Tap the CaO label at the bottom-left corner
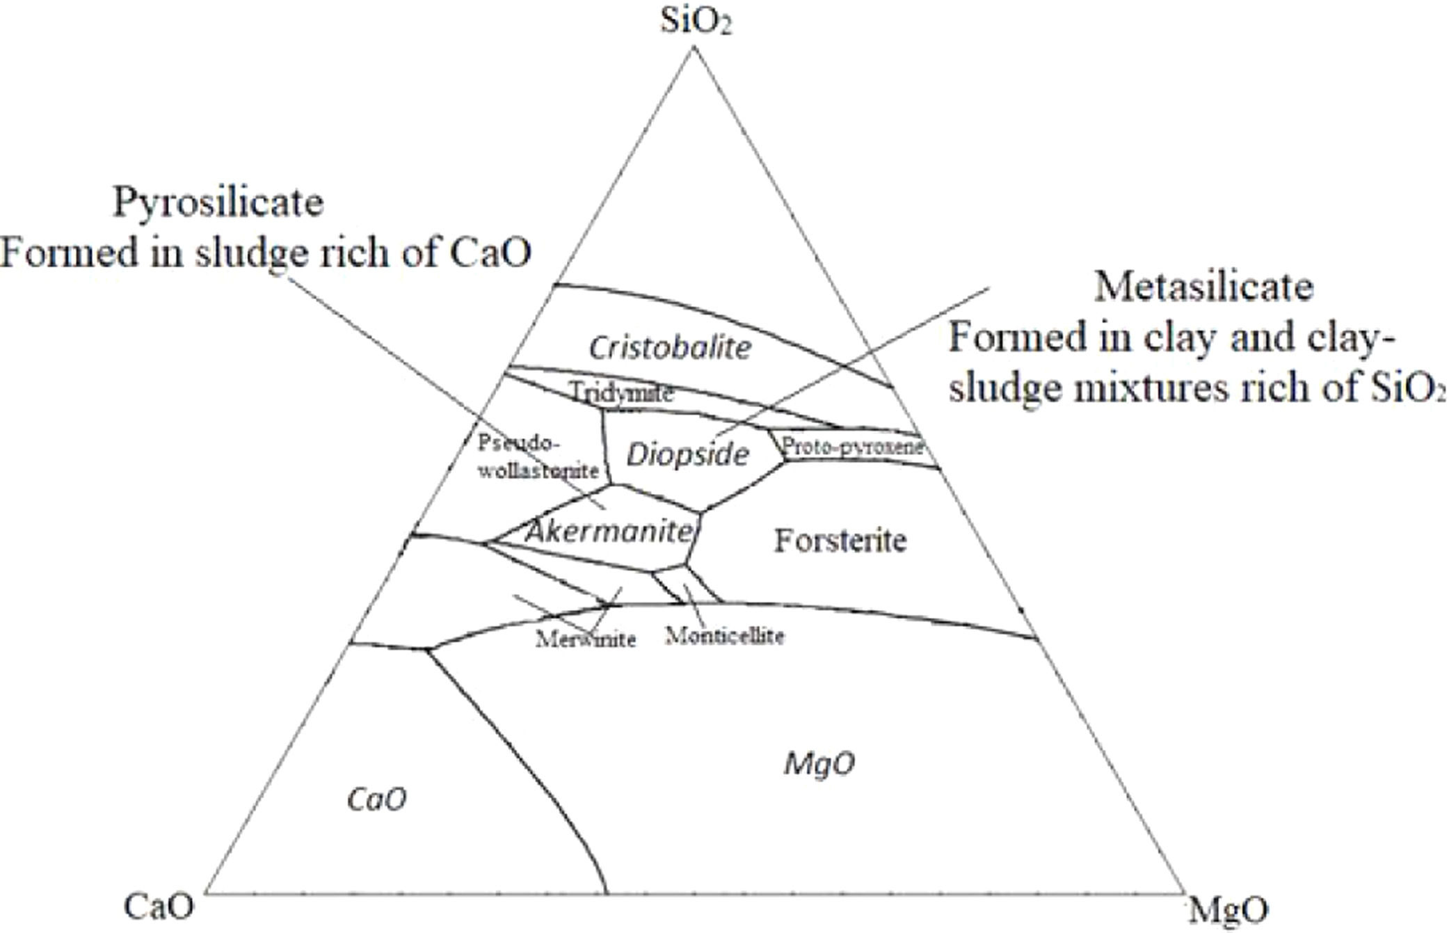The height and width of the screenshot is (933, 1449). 159,907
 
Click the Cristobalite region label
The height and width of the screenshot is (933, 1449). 670,347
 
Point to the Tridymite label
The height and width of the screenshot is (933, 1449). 621,393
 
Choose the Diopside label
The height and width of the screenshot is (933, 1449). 687,454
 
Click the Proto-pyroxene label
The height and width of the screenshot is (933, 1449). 853,446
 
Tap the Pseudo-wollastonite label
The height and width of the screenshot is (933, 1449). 537,456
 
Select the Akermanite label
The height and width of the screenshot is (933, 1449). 609,532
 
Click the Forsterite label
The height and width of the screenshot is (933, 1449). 840,541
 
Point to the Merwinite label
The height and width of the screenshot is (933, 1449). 586,639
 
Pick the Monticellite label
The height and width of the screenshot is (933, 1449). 724,635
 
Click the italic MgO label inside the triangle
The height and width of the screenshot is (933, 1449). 819,764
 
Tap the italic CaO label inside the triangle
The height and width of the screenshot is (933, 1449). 376,799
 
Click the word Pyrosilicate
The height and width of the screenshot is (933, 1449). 218,202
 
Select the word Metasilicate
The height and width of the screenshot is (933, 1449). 1204,287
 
